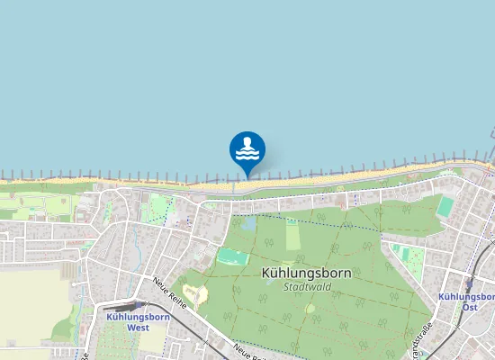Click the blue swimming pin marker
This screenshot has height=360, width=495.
coord(247,149)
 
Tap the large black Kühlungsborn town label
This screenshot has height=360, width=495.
coord(306,272)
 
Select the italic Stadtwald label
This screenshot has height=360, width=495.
coord(307,287)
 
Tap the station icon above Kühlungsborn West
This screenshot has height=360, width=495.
coord(138,305)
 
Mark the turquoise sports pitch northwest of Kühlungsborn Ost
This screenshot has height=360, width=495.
coord(445,206)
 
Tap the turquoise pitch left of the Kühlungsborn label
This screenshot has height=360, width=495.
coord(231,257)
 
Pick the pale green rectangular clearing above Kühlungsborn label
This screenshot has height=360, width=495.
coord(292,235)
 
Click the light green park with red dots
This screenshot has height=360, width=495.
coord(160,208)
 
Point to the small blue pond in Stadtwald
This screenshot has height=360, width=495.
coord(247,222)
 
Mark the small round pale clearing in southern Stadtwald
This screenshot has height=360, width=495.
coord(310,309)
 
